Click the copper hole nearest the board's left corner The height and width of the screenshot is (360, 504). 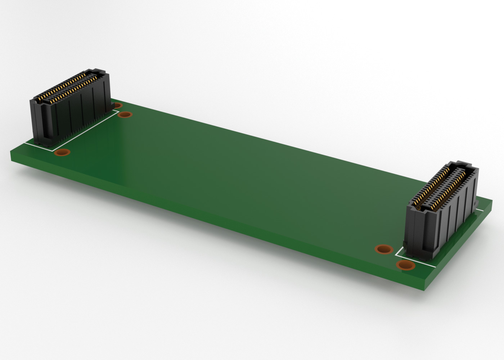pos(62,152)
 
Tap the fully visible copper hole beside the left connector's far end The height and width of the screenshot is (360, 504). pos(125,115)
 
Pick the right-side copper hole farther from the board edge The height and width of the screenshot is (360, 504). pos(384,249)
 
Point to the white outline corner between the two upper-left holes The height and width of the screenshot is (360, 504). pos(118,111)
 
